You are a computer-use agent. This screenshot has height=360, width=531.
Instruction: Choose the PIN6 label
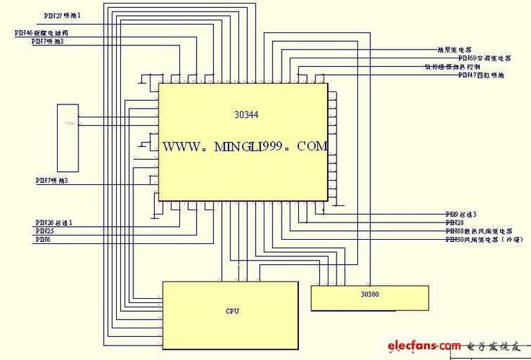43,239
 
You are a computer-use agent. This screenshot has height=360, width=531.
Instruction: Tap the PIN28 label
455,223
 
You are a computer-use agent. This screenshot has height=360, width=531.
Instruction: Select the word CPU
232,311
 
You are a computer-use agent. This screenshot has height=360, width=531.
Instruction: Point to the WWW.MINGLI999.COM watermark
245,146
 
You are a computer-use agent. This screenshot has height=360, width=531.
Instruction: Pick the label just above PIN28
461,215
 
